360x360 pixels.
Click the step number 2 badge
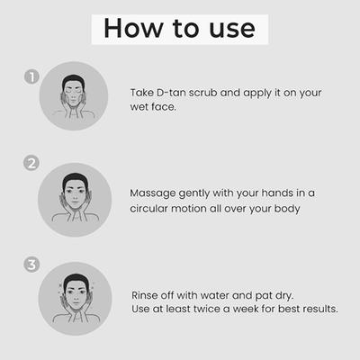tap(32, 165)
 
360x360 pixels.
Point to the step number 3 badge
tap(32, 265)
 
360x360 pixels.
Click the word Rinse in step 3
tap(148, 293)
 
